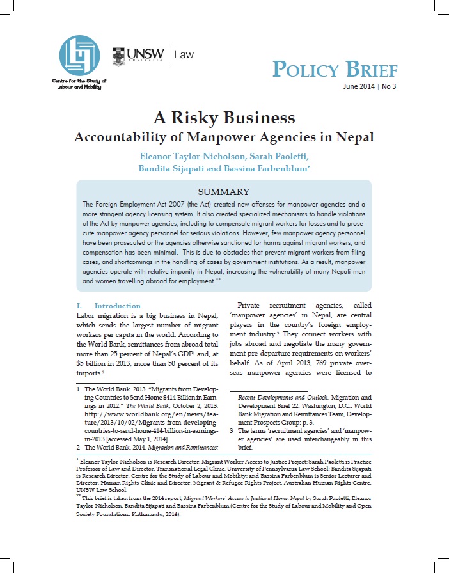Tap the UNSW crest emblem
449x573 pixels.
coord(118,56)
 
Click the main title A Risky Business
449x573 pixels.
coord(224,118)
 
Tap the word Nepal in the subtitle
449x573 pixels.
coord(354,137)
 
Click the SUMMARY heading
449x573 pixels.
coord(224,191)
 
